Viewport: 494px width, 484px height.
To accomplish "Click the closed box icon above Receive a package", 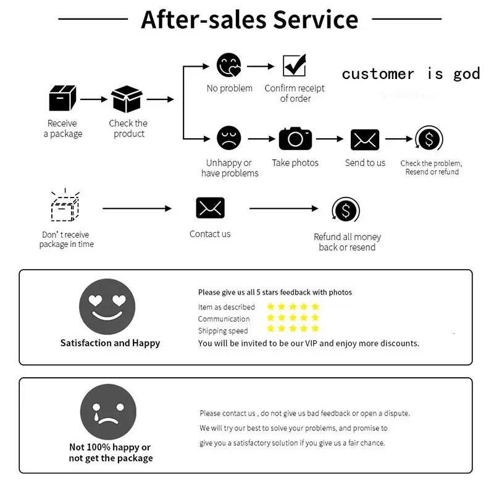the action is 62,98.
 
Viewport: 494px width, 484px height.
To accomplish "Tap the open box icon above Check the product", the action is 127,99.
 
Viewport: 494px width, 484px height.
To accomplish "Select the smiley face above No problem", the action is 229,65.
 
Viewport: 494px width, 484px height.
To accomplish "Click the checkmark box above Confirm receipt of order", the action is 295,65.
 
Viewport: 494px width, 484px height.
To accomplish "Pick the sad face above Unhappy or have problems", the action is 229,138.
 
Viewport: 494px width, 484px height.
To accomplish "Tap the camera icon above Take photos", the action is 295,138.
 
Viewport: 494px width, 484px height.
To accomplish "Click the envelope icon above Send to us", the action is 365,140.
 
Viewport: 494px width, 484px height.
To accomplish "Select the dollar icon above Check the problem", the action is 429,138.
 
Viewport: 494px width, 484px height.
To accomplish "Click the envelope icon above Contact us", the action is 210,208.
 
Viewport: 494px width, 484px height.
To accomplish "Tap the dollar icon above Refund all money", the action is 346,210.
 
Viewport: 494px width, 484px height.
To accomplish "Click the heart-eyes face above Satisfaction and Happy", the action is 107,306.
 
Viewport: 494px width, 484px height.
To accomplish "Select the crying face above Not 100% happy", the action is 109,412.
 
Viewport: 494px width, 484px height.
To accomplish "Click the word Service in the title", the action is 316,20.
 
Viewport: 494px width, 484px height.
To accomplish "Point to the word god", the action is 467,75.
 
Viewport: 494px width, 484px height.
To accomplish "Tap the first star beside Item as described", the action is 270,306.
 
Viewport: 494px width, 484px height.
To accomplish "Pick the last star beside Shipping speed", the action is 315,328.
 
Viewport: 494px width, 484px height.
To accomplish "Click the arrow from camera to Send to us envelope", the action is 330,139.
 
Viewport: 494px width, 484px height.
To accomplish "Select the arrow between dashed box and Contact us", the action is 137,209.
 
